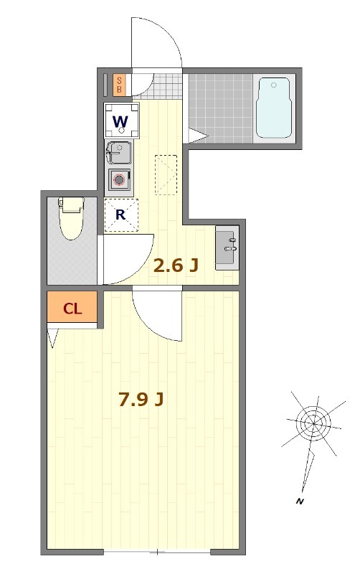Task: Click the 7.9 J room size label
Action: [x=141, y=399]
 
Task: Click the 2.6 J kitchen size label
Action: [x=176, y=265]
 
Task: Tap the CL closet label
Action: [x=72, y=309]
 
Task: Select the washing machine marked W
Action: [x=121, y=120]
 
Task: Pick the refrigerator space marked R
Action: [x=121, y=215]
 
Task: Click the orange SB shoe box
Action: [x=119, y=85]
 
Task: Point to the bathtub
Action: [x=274, y=108]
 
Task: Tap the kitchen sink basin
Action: [x=119, y=152]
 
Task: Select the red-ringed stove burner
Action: [x=119, y=180]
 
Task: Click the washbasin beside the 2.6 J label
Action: [x=227, y=248]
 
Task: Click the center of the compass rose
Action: [x=313, y=423]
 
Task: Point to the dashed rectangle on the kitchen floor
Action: [x=166, y=174]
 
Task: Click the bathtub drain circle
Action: [x=274, y=85]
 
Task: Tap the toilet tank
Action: [x=71, y=204]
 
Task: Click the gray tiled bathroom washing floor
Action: [x=221, y=108]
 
